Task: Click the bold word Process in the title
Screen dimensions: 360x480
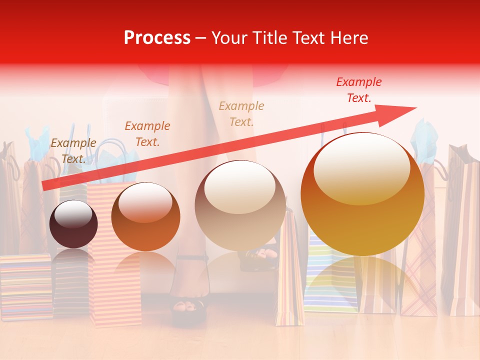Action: (157, 38)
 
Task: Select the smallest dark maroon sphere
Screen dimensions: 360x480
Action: (73, 224)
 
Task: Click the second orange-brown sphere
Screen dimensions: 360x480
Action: (145, 216)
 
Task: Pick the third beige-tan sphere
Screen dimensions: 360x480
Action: (240, 205)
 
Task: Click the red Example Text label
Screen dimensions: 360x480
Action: (358, 90)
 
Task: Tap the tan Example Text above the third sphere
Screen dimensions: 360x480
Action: (241, 113)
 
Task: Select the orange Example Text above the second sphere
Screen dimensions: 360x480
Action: (147, 133)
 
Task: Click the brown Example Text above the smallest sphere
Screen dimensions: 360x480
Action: (73, 151)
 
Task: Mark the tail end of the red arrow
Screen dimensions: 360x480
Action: (43, 186)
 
